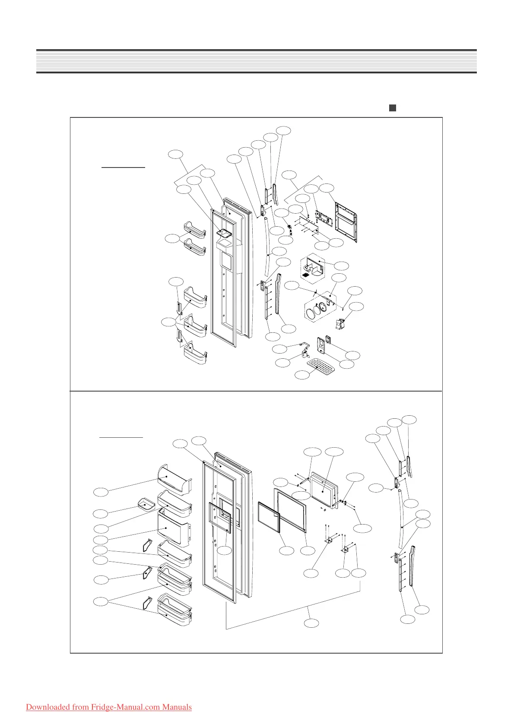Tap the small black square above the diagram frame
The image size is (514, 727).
392,108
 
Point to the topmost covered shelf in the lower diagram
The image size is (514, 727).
175,478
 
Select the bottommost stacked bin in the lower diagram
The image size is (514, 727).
175,615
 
